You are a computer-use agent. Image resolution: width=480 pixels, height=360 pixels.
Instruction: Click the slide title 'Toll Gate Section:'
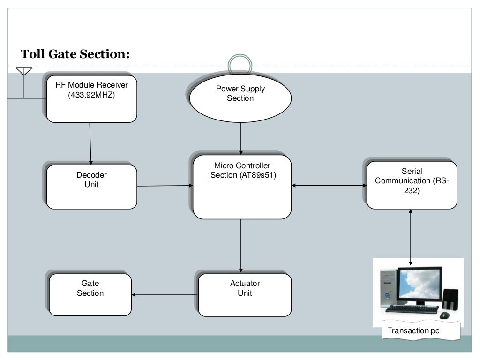tap(75, 54)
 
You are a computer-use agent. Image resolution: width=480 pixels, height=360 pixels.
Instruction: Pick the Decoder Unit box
tap(92, 187)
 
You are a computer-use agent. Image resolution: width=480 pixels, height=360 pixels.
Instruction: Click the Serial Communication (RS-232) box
tap(412, 185)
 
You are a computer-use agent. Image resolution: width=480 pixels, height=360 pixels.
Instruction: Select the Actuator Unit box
tap(245, 295)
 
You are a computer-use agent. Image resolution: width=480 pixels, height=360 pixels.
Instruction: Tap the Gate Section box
tap(90, 295)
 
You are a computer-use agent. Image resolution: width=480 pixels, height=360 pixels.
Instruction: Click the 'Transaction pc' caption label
tap(413, 331)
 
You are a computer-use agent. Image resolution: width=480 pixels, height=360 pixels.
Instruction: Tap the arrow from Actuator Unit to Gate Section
tap(165, 295)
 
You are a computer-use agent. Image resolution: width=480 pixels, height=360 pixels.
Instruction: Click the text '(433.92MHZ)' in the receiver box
tap(91, 94)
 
